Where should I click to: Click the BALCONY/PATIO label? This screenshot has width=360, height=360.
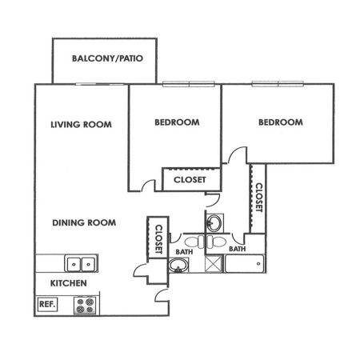107,58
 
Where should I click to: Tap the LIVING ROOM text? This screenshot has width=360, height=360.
81,125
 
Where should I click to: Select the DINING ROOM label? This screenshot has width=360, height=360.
84,222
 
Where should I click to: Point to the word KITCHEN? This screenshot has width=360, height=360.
69,283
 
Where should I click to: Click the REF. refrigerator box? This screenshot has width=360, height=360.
47,304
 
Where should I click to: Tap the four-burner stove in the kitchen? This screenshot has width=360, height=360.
85,306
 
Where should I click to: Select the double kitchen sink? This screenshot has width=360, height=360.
81,264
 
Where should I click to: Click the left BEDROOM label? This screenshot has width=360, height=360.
177,122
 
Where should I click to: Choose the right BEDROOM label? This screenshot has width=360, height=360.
281,122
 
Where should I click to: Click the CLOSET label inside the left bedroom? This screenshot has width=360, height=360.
190,180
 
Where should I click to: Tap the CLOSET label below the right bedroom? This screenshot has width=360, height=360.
259,198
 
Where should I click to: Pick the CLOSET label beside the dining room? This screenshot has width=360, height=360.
159,239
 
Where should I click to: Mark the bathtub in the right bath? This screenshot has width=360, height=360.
245,264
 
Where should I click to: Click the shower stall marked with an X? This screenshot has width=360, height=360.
214,264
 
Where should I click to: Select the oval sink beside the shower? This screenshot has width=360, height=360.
178,265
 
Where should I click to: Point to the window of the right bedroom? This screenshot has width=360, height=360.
278,84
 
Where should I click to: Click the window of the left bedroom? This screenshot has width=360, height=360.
189,84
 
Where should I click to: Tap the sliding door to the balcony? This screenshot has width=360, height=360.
100,84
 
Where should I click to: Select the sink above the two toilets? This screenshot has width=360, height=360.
214,223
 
